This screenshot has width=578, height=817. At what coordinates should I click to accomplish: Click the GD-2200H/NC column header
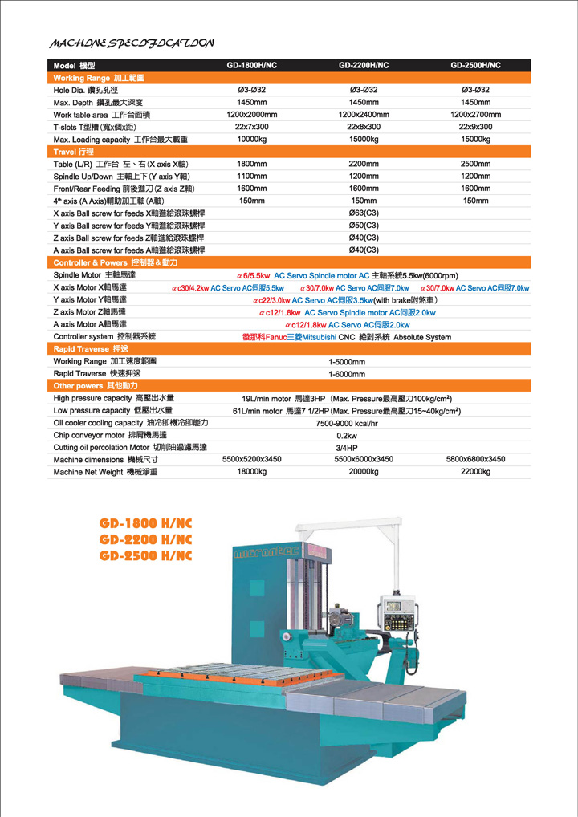click(x=364, y=65)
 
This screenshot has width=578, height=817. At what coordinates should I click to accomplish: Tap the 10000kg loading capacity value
click(x=251, y=139)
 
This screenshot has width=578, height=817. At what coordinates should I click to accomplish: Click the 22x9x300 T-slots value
click(x=475, y=127)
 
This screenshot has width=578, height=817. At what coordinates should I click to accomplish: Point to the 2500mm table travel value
click(x=475, y=164)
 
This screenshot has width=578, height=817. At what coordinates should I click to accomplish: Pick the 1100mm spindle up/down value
click(x=251, y=176)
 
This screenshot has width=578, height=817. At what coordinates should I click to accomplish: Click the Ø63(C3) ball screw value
click(x=364, y=213)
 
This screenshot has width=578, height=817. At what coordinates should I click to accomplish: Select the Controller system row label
click(x=104, y=337)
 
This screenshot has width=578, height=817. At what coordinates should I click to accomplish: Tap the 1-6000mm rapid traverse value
click(x=347, y=373)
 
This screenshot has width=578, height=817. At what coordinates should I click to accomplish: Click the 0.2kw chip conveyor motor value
click(x=347, y=435)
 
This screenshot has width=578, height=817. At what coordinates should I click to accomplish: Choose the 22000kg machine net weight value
click(x=475, y=472)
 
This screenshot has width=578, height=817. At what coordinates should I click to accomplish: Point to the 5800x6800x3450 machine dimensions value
click(x=475, y=459)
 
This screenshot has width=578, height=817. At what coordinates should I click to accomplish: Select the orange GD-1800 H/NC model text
click(x=146, y=523)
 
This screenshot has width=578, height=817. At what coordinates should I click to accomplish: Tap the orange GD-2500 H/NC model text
click(x=146, y=555)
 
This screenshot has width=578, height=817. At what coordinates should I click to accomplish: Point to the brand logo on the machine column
click(x=265, y=553)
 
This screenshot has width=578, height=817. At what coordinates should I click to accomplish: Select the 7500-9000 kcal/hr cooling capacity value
click(x=347, y=422)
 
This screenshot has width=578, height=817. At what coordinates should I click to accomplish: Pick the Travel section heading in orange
click(x=74, y=151)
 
